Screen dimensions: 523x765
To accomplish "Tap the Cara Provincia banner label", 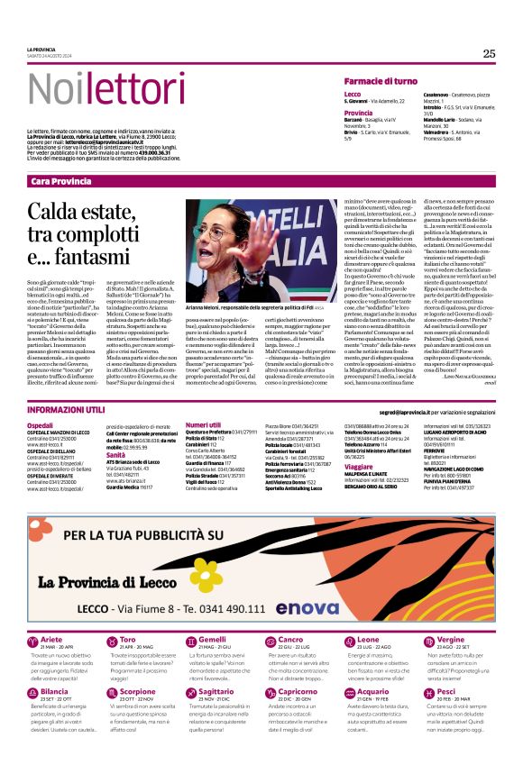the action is click(x=61, y=181).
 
